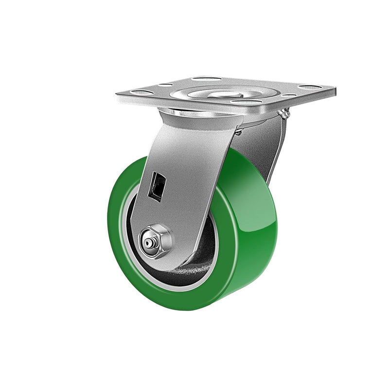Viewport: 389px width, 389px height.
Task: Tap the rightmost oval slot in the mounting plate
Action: point(310,88)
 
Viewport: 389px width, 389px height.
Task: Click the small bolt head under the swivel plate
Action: point(238,132)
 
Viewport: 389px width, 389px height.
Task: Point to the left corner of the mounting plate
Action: point(118,93)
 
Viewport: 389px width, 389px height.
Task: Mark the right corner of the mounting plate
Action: point(335,89)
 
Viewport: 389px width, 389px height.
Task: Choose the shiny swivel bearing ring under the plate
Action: point(194,113)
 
